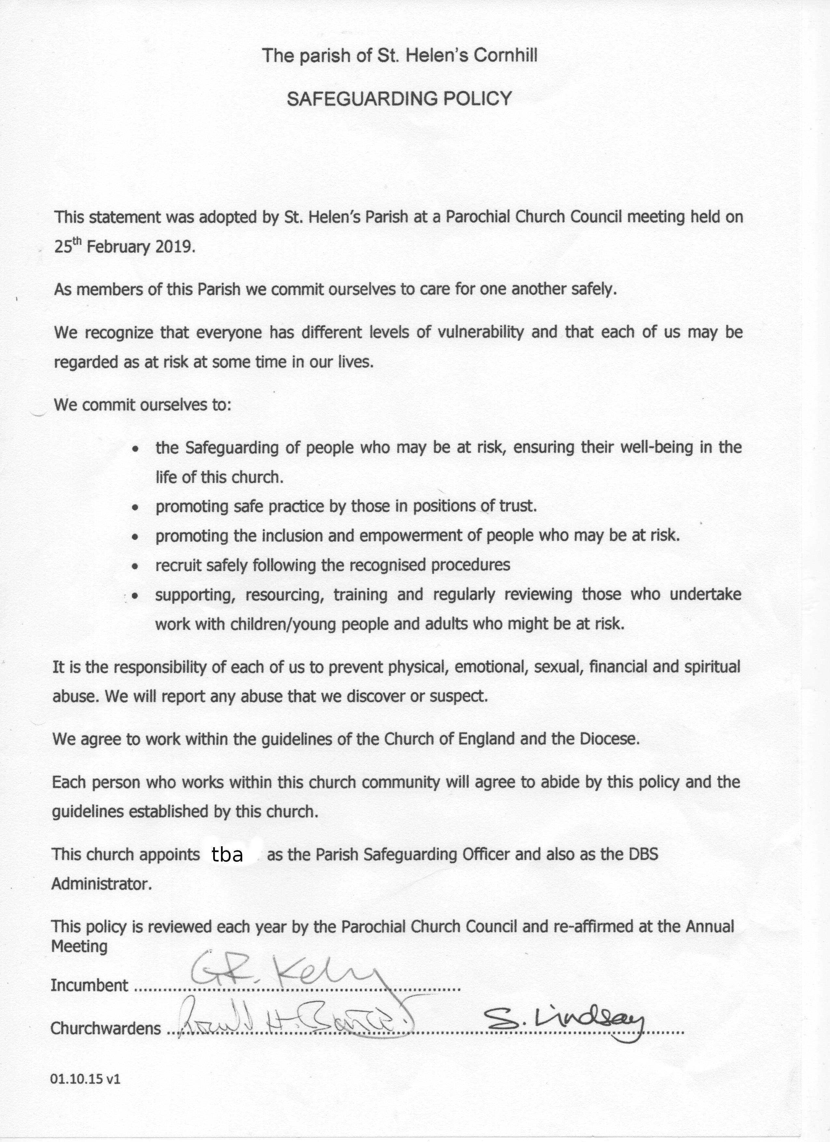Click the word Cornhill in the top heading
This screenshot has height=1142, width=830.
click(x=505, y=55)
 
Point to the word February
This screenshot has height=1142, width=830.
click(x=118, y=247)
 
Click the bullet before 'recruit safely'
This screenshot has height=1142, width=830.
click(x=135, y=566)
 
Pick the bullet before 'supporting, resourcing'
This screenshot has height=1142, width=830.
click(x=135, y=596)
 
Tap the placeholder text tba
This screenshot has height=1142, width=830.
click(x=228, y=855)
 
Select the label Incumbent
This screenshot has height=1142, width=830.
click(x=90, y=986)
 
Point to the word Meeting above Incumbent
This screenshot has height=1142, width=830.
click(x=79, y=947)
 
